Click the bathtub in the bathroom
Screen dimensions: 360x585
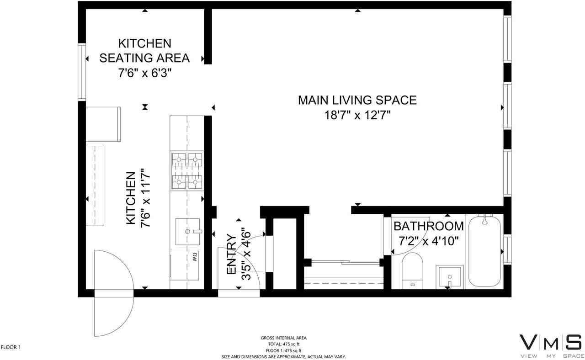click(x=485, y=251)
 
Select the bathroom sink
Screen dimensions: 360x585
click(x=449, y=277)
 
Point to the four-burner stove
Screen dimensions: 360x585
click(x=186, y=170)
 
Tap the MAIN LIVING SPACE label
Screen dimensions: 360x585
click(x=357, y=100)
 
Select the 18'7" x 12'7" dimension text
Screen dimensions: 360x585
click(x=357, y=115)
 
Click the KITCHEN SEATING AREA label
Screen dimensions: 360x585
click(x=144, y=51)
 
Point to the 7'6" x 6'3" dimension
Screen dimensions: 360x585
click(x=144, y=73)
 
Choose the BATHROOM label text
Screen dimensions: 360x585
click(x=429, y=226)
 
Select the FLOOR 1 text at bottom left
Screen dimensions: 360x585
click(x=11, y=347)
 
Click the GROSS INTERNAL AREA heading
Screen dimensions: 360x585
click(x=283, y=338)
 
